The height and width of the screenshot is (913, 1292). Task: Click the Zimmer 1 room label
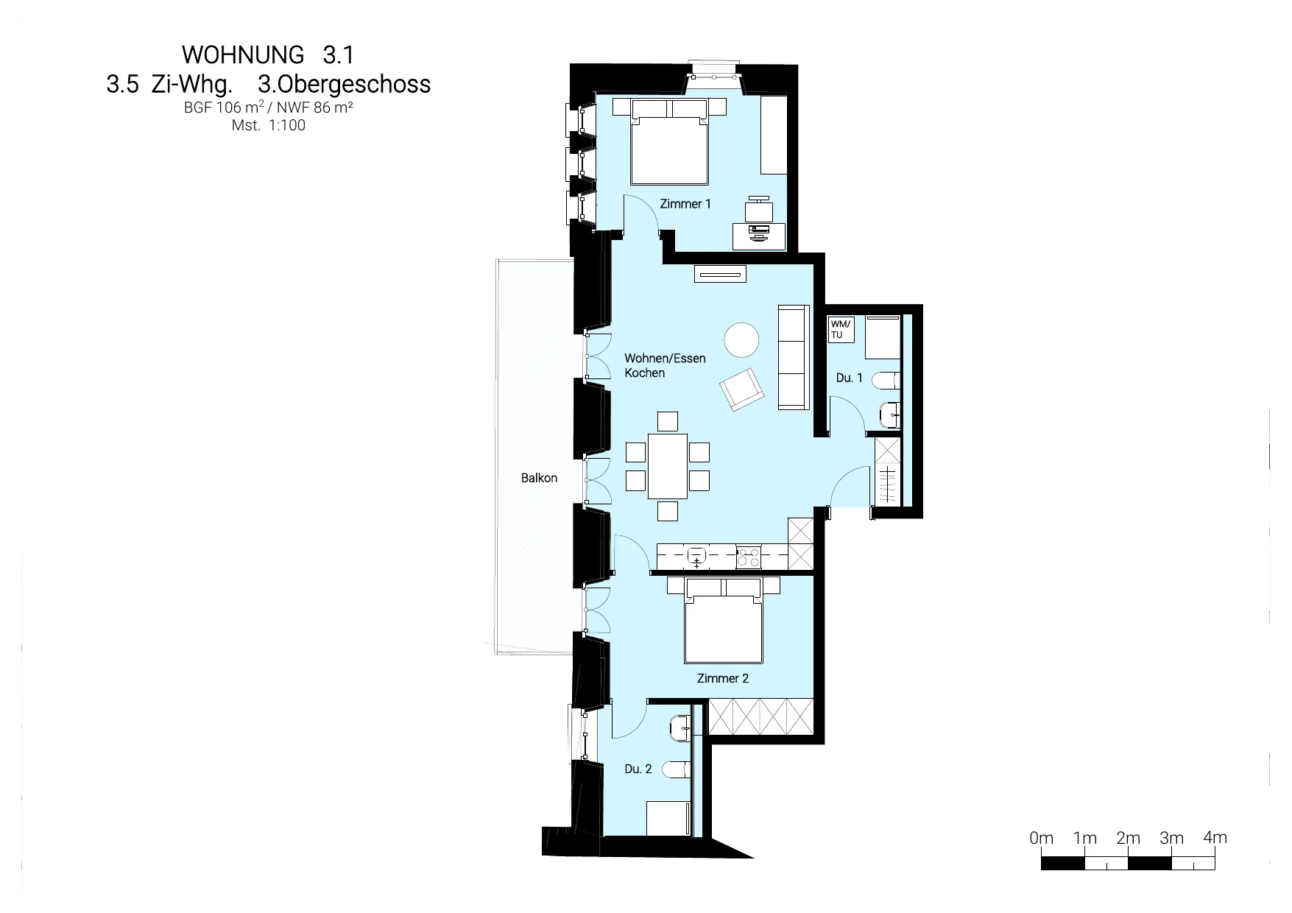click(685, 204)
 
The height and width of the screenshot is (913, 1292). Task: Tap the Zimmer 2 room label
click(723, 678)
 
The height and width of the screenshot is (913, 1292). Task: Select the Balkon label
click(539, 478)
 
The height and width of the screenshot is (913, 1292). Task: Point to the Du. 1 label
click(849, 378)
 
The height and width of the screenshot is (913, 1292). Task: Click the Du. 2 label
click(638, 769)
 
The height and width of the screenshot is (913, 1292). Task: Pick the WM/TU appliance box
click(841, 329)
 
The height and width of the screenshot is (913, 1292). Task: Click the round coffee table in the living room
click(741, 340)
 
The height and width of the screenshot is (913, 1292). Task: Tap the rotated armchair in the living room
click(742, 389)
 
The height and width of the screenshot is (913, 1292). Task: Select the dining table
click(668, 466)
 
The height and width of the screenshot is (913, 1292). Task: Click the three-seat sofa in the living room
click(794, 357)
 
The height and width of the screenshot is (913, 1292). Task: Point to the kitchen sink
click(696, 557)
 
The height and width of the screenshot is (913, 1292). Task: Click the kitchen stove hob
click(749, 557)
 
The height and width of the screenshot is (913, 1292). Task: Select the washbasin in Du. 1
click(890, 415)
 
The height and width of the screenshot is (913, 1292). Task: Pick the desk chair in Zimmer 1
click(759, 208)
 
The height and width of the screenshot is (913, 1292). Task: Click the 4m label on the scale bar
click(1215, 837)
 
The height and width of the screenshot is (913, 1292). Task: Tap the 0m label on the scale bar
click(1042, 838)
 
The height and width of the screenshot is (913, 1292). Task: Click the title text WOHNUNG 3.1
click(268, 54)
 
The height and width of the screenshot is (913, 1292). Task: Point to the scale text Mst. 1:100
click(269, 125)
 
